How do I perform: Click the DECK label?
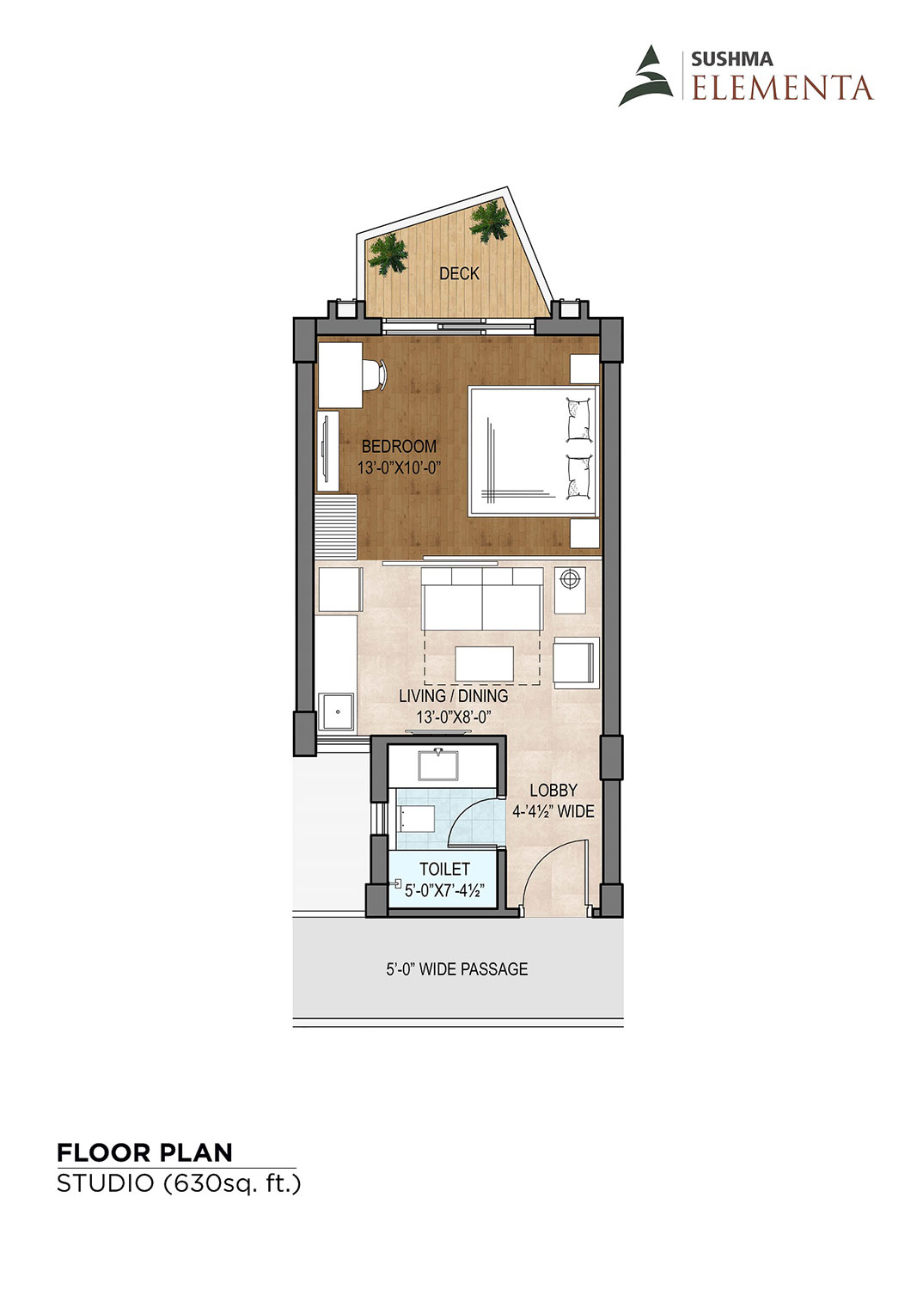(x=459, y=273)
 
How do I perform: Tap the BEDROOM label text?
(x=399, y=446)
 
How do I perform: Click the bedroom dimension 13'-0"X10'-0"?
(x=399, y=467)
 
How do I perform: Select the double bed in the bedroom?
(x=534, y=451)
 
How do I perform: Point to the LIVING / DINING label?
(x=454, y=696)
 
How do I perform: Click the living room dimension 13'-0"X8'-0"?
(x=454, y=717)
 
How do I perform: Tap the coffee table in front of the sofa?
(x=485, y=663)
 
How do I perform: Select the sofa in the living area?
(x=482, y=599)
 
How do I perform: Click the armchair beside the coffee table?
(x=576, y=663)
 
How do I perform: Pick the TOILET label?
(x=444, y=869)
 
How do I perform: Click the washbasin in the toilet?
(x=438, y=764)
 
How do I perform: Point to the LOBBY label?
(x=553, y=790)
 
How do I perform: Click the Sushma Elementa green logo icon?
(x=645, y=76)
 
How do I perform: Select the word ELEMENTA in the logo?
(x=782, y=88)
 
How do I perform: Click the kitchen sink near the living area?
(x=336, y=712)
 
